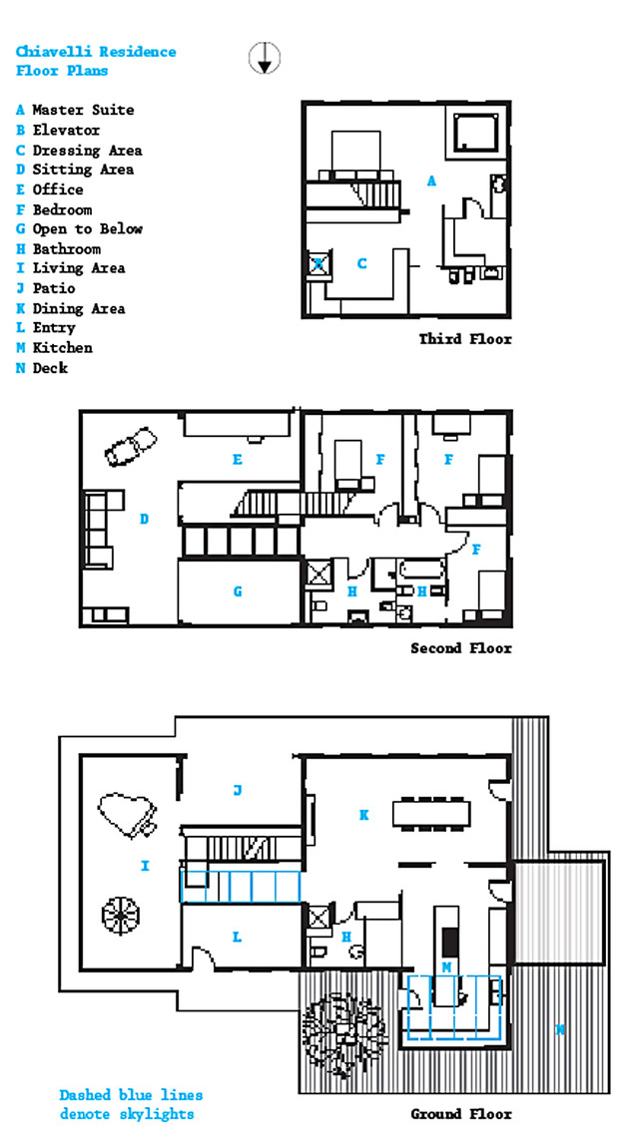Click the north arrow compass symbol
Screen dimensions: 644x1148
pos(265,58)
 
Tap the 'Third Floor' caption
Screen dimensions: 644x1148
pos(465,339)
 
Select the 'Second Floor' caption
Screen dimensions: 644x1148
pos(461,648)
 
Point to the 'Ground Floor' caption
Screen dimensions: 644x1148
pos(461,1114)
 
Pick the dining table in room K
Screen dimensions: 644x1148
pos(431,814)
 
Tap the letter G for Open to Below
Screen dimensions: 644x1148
pos(238,591)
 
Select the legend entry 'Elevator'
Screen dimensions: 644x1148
pos(58,131)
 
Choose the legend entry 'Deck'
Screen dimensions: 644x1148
pos(42,367)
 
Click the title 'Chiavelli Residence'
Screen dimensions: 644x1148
pos(96,52)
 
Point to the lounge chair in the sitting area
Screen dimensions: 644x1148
pos(131,447)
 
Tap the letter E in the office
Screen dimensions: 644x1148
pos(238,460)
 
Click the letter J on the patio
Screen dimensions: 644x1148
pos(238,790)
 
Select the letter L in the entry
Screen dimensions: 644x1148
pos(238,937)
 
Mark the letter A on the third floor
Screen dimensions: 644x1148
pos(431,181)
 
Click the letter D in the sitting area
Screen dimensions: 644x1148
pos(145,519)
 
